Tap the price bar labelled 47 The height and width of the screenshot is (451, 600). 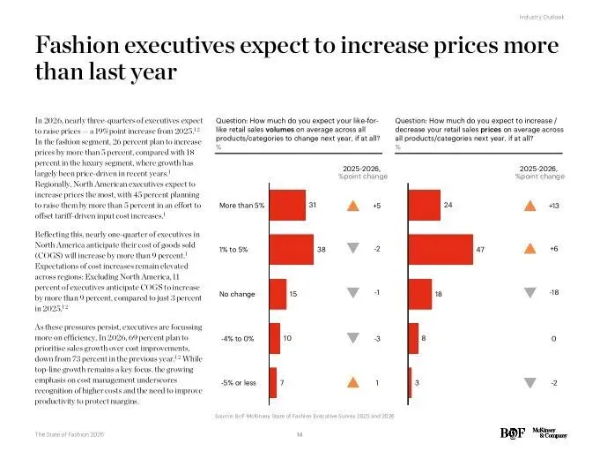[x=440, y=249]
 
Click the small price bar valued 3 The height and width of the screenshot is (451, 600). [x=410, y=382]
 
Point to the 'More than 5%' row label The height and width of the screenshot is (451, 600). [x=241, y=207]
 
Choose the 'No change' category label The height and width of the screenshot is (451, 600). [x=237, y=294]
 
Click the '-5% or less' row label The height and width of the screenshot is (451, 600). [x=238, y=382]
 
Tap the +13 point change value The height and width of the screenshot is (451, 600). [x=553, y=206]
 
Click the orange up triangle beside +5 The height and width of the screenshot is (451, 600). [x=352, y=207]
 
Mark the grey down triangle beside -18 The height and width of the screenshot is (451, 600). [x=530, y=293]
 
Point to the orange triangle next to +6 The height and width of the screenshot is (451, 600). [x=530, y=249]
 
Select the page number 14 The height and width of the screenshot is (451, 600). [x=300, y=433]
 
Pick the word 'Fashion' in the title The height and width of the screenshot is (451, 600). [x=78, y=47]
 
